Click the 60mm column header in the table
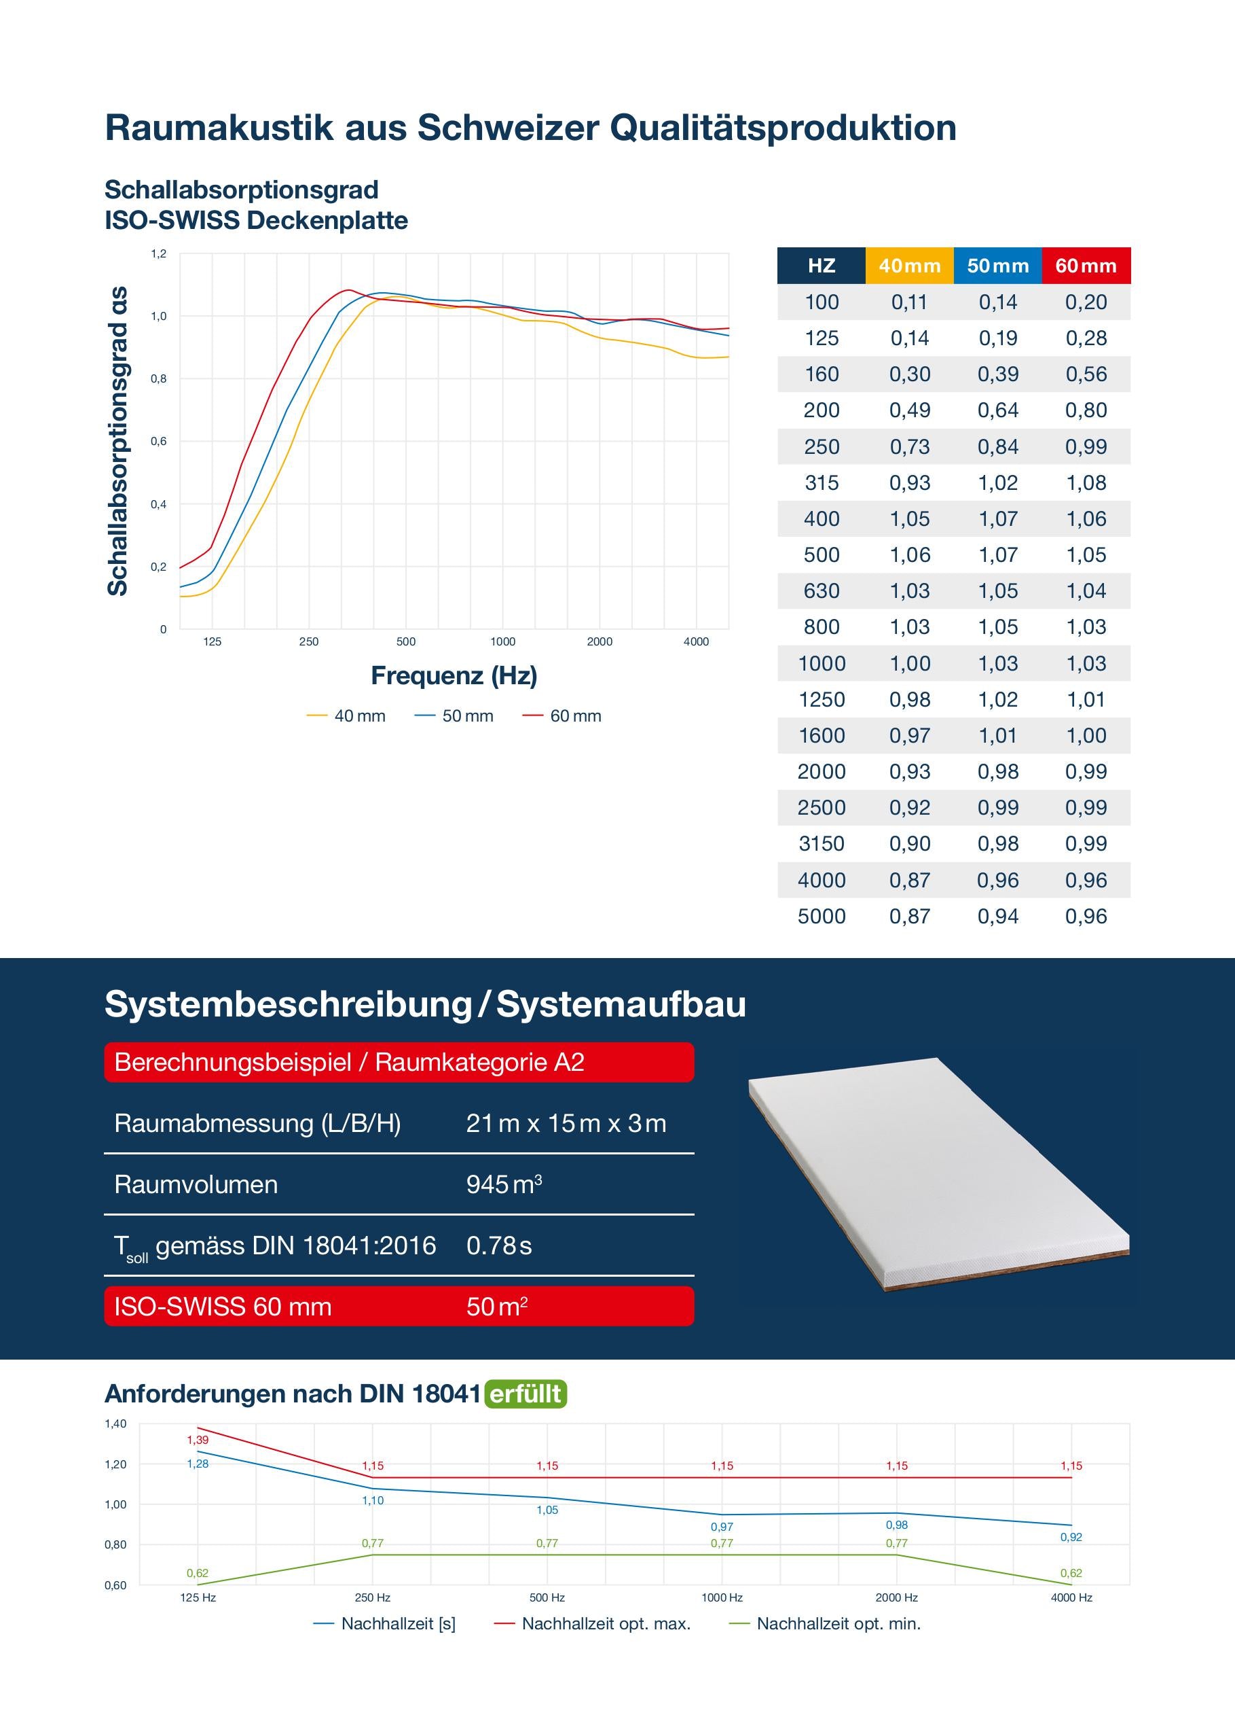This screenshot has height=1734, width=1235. (1085, 266)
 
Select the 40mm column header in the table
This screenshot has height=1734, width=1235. (910, 266)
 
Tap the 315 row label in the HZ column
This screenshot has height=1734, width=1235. (822, 482)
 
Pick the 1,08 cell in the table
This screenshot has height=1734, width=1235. (1085, 482)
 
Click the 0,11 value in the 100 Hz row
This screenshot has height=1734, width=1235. (910, 302)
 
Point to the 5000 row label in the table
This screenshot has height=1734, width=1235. (822, 916)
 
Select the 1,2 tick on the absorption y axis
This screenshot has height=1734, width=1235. (158, 253)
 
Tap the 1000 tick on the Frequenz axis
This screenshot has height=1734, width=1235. (502, 641)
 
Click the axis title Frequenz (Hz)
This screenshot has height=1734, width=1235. (454, 675)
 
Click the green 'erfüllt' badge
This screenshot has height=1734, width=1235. (526, 1394)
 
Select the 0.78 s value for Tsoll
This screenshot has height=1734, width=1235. (499, 1245)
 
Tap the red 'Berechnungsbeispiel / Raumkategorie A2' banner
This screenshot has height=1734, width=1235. (399, 1062)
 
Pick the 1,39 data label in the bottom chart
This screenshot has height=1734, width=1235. (198, 1440)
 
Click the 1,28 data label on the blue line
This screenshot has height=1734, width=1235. (198, 1464)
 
